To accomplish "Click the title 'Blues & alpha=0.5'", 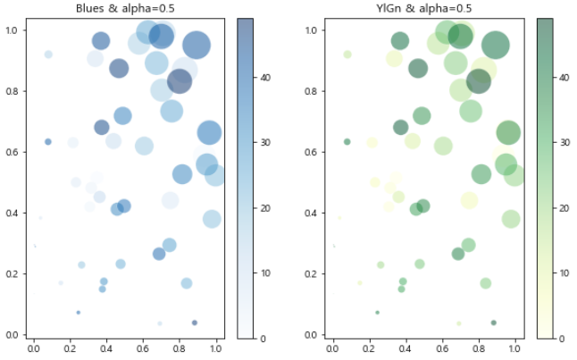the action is pos(125,8).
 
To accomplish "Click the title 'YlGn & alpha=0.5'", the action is pos(424,8).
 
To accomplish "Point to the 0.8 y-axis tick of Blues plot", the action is pos(12,91).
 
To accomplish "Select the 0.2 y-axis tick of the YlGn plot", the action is pos(311,274).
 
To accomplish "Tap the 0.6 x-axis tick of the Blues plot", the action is pos(142,348).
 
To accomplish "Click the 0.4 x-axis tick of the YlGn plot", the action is pos(406,348).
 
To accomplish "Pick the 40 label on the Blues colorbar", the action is pos(265,78).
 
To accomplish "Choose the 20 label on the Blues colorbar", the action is pos(265,208).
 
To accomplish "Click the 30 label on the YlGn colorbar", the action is pos(564,142).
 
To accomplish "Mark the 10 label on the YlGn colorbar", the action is pos(564,273).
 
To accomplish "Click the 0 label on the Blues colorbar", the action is pos(263,339).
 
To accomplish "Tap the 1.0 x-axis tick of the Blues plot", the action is pos(215,348).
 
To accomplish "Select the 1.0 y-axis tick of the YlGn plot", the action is pos(311,30).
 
